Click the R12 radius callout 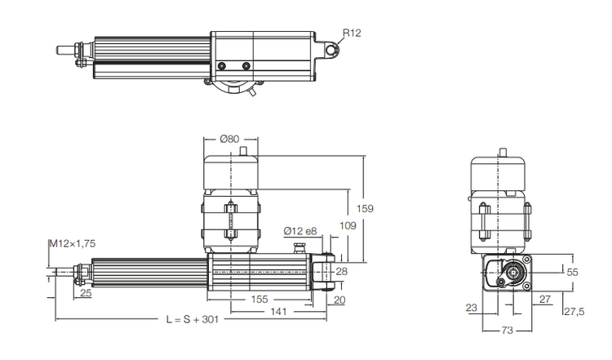[352, 33]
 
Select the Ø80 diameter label [230, 138]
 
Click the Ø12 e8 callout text [300, 231]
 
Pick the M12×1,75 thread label [72, 243]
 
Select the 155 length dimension [259, 300]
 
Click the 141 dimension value [279, 311]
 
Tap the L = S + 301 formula [192, 319]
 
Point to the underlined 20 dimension [339, 300]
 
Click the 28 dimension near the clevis [341, 271]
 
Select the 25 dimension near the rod [86, 292]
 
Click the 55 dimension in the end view [572, 271]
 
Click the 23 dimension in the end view [472, 308]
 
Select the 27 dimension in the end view [544, 300]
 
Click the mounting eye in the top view [332, 51]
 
